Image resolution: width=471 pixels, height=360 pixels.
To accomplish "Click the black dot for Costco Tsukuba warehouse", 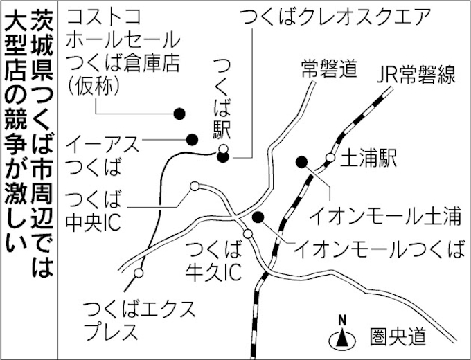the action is tap(179, 114).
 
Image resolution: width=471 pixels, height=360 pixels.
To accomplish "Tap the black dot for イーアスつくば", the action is tap(192, 139).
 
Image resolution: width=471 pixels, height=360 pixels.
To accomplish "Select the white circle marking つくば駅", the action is tap(223, 149).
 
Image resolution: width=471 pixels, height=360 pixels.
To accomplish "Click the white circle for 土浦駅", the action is tap(330, 157).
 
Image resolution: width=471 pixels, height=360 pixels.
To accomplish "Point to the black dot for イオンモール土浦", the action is tap(301, 162).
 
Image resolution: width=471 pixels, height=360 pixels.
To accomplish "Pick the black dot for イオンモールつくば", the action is tap(258, 217).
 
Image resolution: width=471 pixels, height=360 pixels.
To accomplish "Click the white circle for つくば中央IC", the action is tap(195, 186).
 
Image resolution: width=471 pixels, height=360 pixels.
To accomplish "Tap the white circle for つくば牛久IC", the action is tap(248, 233).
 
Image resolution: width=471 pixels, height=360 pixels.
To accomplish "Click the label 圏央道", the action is tap(398, 336).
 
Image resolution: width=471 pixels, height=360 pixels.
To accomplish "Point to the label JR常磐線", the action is tap(416, 74).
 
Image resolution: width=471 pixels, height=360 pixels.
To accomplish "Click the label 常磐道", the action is tap(329, 69).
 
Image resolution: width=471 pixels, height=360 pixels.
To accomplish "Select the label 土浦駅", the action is tap(368, 158).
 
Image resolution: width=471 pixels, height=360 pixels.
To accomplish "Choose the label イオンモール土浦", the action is tap(385, 216).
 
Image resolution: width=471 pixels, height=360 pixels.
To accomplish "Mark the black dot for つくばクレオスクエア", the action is tap(223, 156).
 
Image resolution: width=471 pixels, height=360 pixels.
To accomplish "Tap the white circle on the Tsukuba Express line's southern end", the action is tap(139, 273).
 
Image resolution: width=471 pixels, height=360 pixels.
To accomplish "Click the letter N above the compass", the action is tap(342, 321).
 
